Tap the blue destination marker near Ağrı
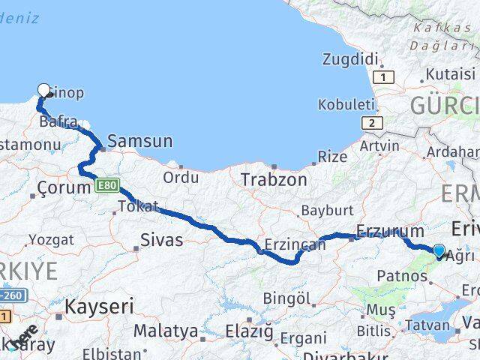pos(439,252)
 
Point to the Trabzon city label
pos(274,180)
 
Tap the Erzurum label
pos(390,231)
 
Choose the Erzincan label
pos(295,244)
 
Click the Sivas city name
pos(163,241)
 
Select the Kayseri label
pos(99,306)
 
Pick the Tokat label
pos(138,206)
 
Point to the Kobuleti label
pos(346,104)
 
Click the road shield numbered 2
pos(370,122)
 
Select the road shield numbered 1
pos(385,77)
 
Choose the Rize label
pos(332,157)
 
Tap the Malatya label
pos(166,331)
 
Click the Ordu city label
pos(181,178)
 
